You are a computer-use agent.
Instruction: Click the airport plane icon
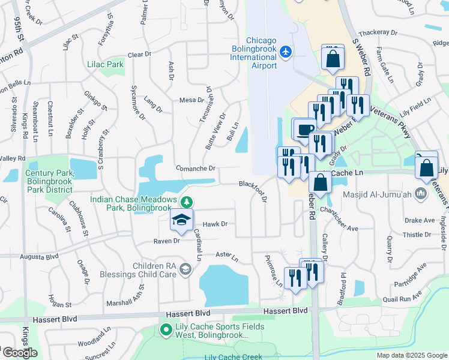(x=285, y=52)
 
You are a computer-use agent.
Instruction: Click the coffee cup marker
(x=305, y=130)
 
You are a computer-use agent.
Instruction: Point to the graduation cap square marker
(x=181, y=221)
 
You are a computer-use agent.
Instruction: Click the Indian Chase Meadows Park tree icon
(x=187, y=201)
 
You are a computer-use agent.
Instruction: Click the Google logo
(x=20, y=353)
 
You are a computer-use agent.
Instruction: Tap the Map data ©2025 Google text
(x=411, y=355)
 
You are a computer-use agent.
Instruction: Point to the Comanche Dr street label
(x=195, y=169)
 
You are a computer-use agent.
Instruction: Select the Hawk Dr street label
(x=215, y=224)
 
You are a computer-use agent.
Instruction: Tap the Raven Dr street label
(x=166, y=241)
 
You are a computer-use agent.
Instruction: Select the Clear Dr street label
(x=139, y=55)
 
